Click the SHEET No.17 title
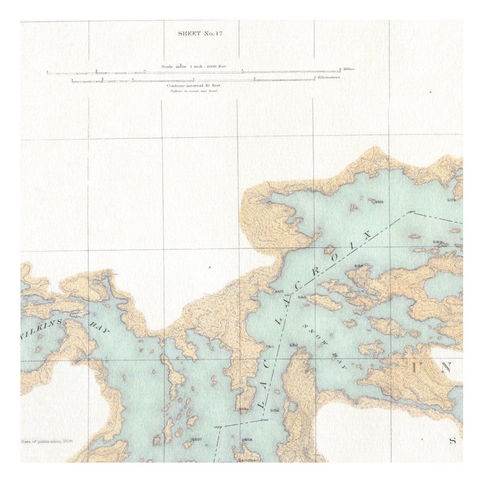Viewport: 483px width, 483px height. click(x=200, y=33)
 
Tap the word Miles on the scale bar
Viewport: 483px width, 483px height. click(x=349, y=69)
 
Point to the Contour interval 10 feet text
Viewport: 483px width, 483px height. click(x=192, y=86)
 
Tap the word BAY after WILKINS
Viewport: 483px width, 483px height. click(x=97, y=327)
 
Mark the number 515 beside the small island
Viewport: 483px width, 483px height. click(x=379, y=202)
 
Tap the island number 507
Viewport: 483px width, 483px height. click(x=196, y=439)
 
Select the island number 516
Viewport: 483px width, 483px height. click(x=359, y=266)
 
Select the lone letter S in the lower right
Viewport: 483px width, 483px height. click(x=453, y=440)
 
